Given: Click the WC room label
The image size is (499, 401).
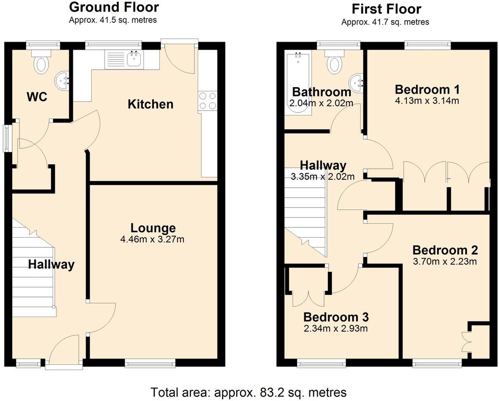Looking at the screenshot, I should click(x=37, y=97).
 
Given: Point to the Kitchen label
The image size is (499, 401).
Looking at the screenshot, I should click(x=150, y=104).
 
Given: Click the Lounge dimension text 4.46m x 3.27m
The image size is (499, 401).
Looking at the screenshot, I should click(x=153, y=240).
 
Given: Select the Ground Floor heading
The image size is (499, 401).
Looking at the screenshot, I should click(x=114, y=7).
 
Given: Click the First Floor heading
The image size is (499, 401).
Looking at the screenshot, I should click(x=386, y=9).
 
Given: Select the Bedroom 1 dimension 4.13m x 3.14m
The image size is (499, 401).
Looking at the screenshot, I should click(x=427, y=101).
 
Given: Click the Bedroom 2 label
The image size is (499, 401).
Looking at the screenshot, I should click(x=445, y=250).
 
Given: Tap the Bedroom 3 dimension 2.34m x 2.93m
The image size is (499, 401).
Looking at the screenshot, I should click(x=335, y=328).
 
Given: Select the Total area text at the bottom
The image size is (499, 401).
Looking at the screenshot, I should click(x=249, y=392).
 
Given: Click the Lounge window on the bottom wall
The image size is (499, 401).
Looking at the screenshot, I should click(x=150, y=362).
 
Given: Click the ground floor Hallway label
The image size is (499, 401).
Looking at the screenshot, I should click(x=51, y=265).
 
